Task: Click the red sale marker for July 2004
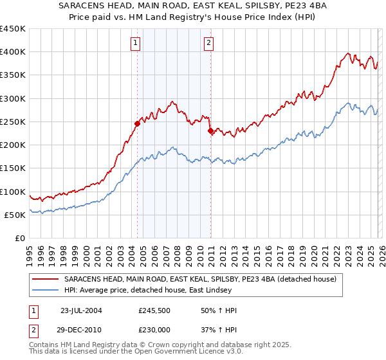click(x=138, y=123)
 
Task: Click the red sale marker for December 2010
click(x=210, y=130)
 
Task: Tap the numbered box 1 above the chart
click(x=136, y=44)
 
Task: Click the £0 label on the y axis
click(x=19, y=238)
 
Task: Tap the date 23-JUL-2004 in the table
click(x=80, y=310)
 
